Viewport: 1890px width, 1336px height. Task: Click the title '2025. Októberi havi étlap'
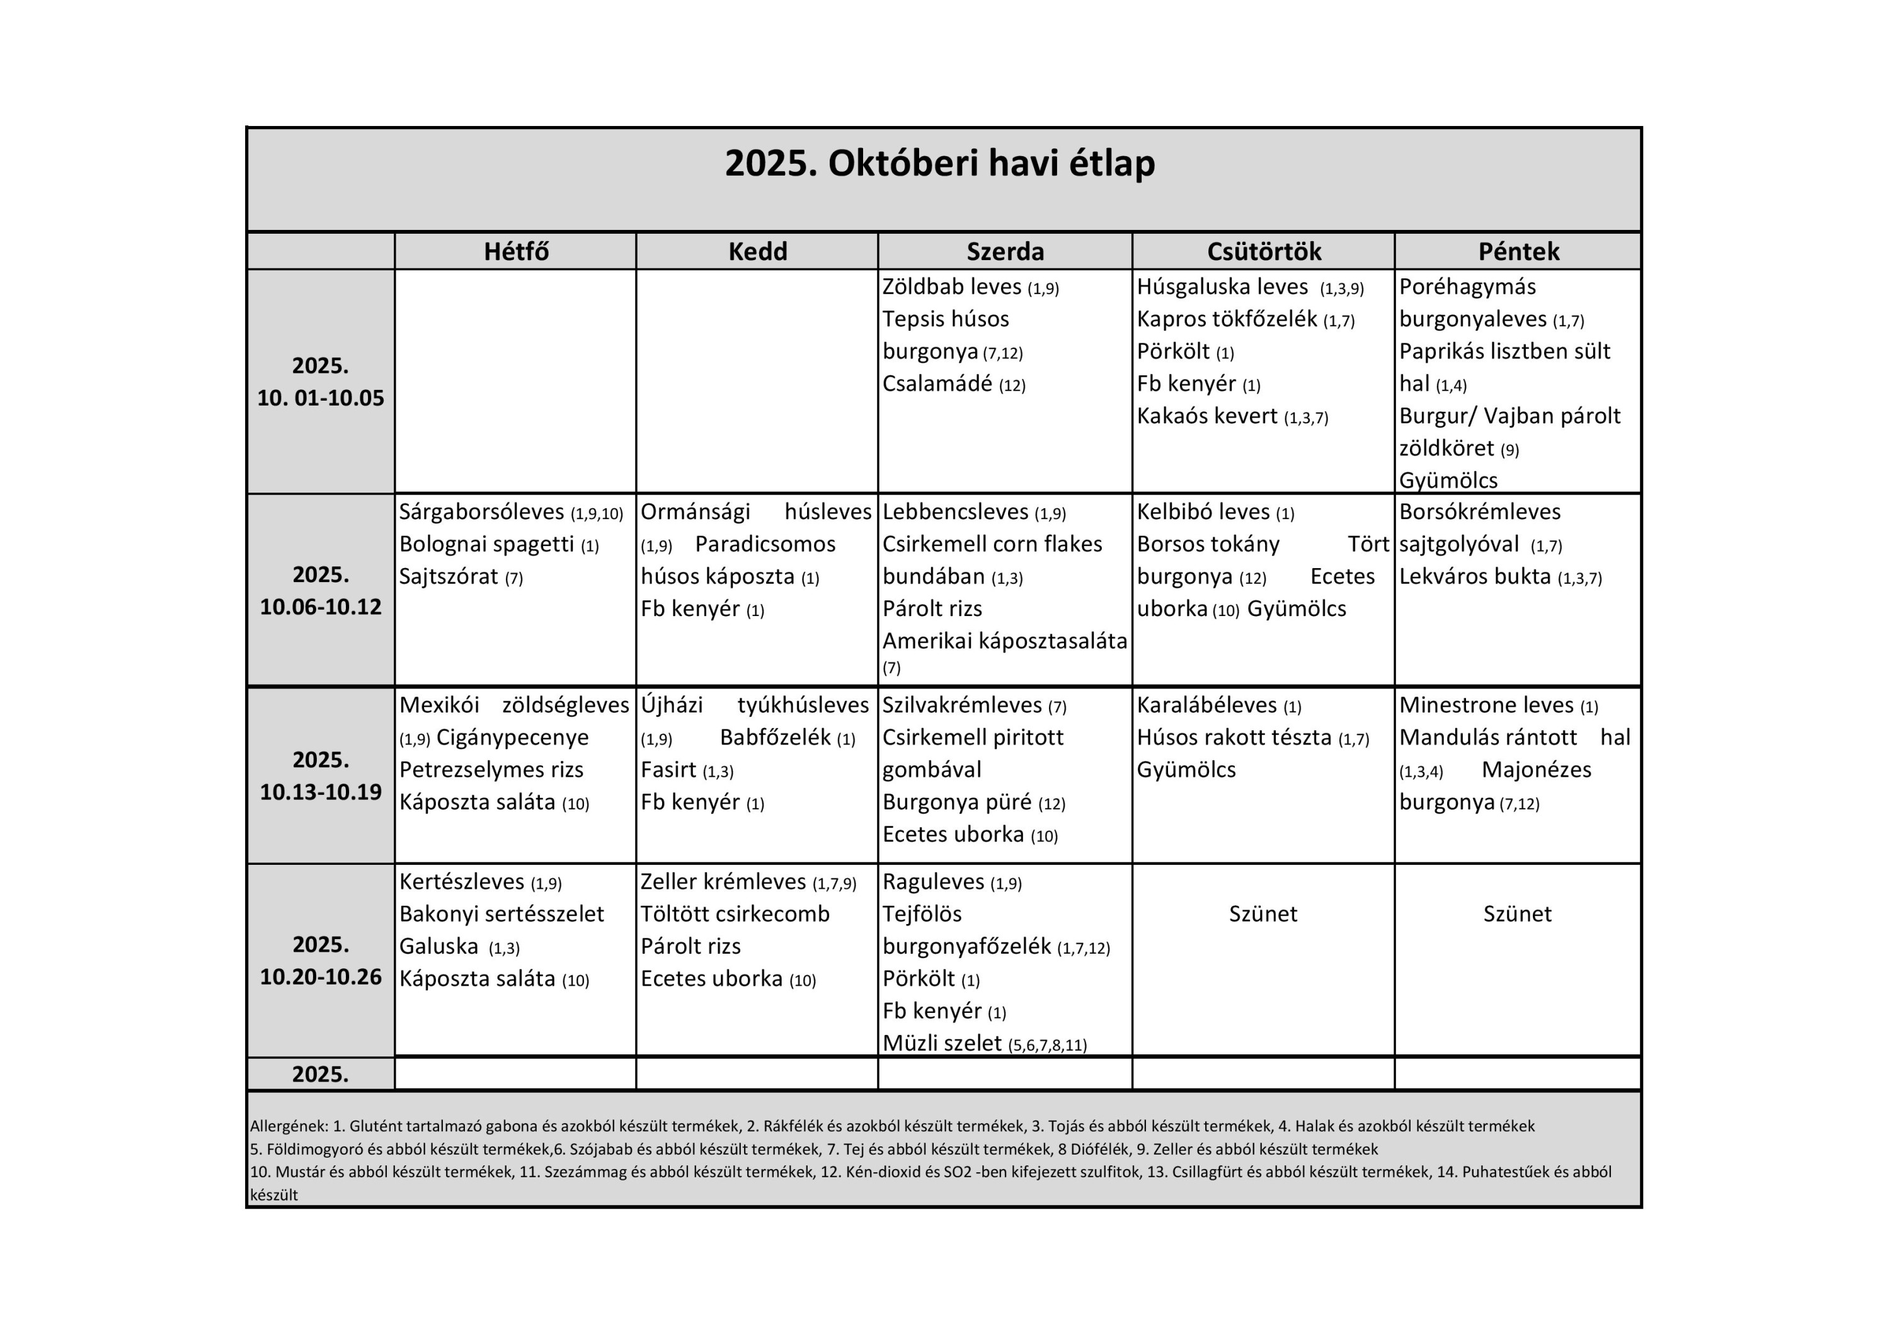[x=939, y=163]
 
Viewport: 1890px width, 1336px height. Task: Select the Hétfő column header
[x=516, y=251]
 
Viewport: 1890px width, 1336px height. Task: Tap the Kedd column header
[x=757, y=251]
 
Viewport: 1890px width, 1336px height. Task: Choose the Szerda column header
[x=1005, y=251]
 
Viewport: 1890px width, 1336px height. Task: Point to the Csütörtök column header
[x=1264, y=251]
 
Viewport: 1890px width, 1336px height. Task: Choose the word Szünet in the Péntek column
[x=1517, y=914]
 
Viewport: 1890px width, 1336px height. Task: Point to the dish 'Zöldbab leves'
[x=951, y=287]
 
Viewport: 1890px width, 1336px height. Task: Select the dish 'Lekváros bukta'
[x=1474, y=576]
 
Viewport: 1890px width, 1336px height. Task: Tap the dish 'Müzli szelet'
[x=942, y=1043]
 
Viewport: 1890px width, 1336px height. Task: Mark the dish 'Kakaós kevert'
[x=1207, y=416]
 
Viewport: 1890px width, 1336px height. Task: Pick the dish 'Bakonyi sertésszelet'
[x=501, y=914]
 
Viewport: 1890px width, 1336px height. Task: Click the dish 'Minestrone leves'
[x=1486, y=705]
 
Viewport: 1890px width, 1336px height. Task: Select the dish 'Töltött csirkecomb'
[x=735, y=914]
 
